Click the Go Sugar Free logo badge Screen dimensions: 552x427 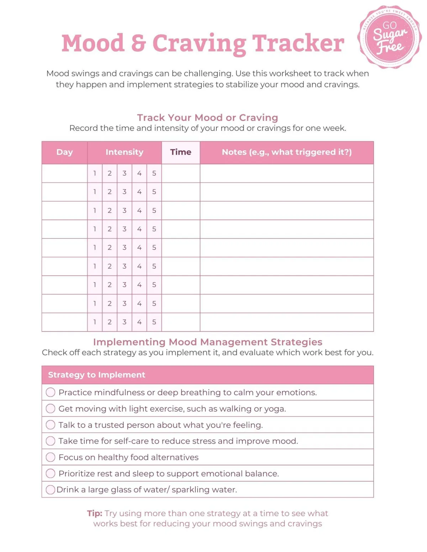click(x=390, y=37)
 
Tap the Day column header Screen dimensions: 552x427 click(x=64, y=152)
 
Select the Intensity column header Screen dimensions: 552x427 click(x=124, y=152)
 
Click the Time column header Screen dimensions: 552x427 click(x=181, y=152)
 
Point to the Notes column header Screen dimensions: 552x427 click(x=286, y=152)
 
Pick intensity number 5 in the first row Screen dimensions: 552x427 click(x=154, y=173)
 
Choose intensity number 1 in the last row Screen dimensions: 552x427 click(x=95, y=322)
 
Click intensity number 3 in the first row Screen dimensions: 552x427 click(x=125, y=173)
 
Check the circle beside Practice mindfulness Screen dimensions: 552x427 click(x=51, y=392)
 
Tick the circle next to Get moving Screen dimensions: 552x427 click(x=51, y=408)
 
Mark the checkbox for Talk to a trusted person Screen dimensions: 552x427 click(x=51, y=425)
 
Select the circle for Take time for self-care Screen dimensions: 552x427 click(x=51, y=441)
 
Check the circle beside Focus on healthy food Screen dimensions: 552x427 click(x=51, y=457)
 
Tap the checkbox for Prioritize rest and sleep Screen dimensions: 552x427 click(x=51, y=473)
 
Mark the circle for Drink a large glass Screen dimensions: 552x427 click(x=51, y=489)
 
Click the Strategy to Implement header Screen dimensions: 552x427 click(x=96, y=375)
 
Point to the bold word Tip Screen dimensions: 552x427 click(x=94, y=513)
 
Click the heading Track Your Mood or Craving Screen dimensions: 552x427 click(x=207, y=117)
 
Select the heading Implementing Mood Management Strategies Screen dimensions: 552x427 click(x=207, y=342)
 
